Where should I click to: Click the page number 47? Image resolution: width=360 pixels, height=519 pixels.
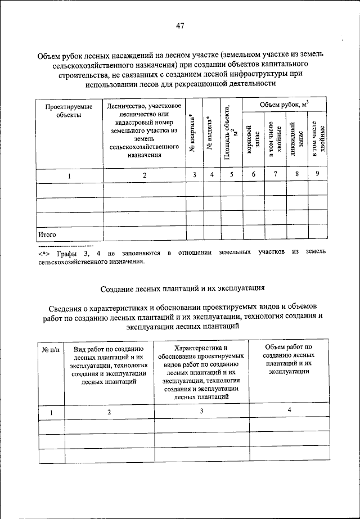tap(180, 25)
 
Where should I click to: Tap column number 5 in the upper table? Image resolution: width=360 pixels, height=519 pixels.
tap(231, 175)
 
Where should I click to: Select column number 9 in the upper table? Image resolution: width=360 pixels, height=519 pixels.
tap(317, 174)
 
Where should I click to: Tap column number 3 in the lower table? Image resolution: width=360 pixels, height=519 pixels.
tap(201, 411)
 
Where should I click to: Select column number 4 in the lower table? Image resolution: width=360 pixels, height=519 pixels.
tap(290, 410)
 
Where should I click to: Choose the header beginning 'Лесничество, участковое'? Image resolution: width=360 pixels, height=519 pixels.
tap(144, 130)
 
